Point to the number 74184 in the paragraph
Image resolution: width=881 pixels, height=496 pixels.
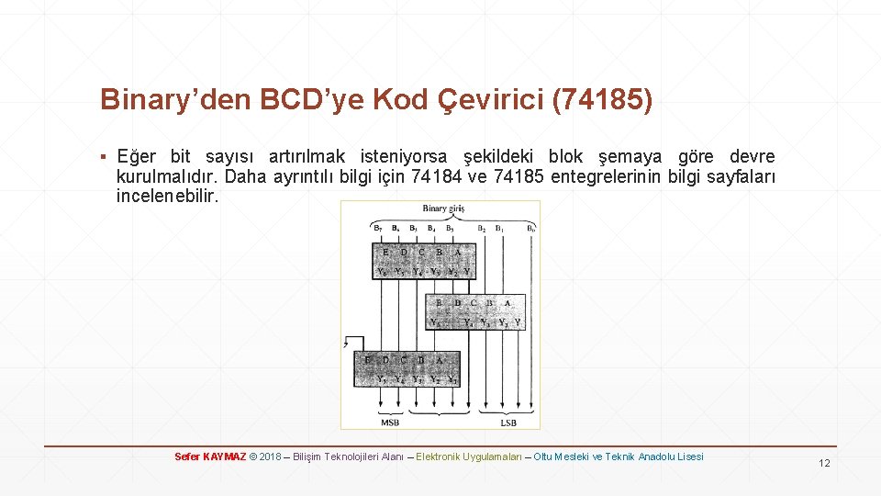coord(441,176)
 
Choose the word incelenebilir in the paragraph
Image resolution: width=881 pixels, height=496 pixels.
coord(168,196)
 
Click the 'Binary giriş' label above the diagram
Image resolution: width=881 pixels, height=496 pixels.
coord(444,209)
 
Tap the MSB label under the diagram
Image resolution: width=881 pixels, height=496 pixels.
coord(390,423)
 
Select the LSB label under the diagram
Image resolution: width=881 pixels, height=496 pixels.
coord(507,423)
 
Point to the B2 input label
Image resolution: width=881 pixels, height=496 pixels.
coord(482,228)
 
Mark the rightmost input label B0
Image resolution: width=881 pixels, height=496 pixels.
coord(531,228)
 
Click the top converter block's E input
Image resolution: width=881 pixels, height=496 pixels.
coord(385,252)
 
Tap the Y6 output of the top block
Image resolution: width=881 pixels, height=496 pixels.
coord(382,272)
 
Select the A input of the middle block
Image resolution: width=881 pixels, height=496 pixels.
coord(507,302)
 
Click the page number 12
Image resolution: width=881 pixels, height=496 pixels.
coord(824,463)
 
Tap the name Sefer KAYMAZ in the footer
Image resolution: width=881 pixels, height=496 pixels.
coord(210,457)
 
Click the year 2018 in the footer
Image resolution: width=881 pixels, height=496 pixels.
coord(270,457)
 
